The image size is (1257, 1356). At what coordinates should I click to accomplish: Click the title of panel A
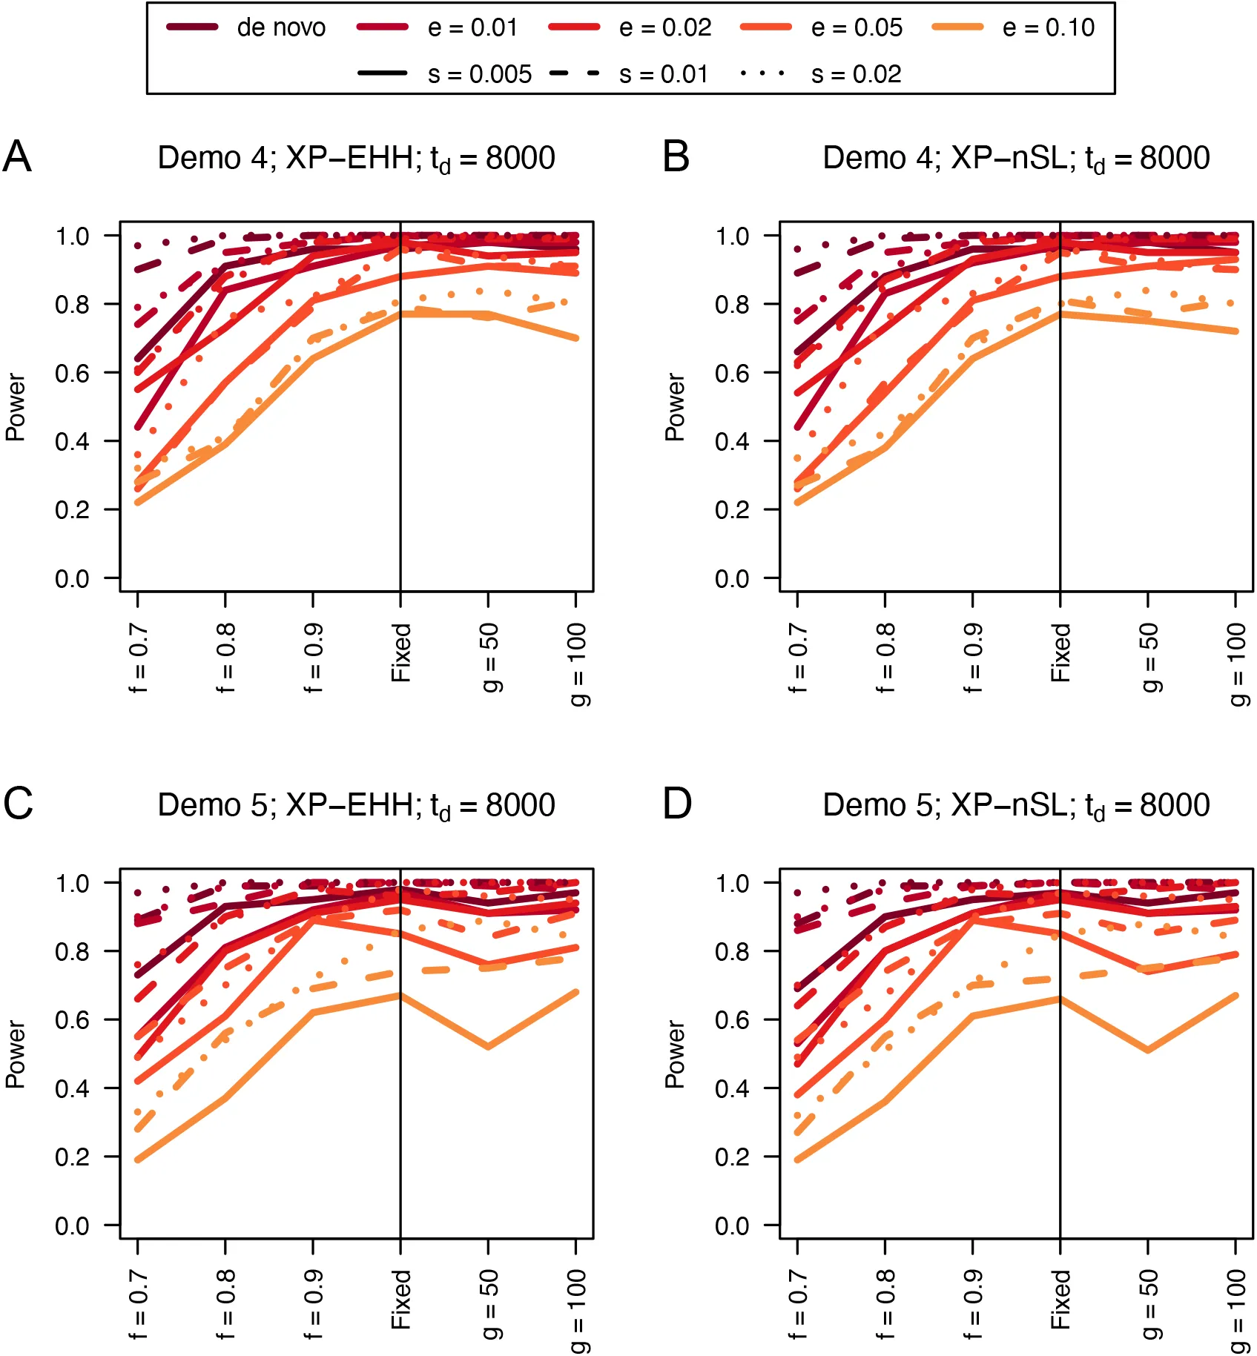click(356, 159)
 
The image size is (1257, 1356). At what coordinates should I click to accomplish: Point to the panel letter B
click(676, 157)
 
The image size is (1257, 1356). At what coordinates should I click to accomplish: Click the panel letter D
click(676, 804)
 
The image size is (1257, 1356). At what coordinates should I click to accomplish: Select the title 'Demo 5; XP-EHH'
click(356, 806)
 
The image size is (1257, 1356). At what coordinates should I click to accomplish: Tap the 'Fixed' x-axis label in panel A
click(401, 652)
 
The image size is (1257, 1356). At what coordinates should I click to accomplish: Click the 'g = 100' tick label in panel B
click(1236, 664)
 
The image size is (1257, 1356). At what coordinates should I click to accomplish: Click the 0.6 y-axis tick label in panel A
click(72, 373)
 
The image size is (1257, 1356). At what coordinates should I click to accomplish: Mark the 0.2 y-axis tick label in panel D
click(732, 1157)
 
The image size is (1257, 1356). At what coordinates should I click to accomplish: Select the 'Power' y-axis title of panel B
click(674, 407)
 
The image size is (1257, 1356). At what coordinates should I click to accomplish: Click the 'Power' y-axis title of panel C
click(15, 1054)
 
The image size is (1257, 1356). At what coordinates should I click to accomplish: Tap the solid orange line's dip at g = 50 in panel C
click(488, 1047)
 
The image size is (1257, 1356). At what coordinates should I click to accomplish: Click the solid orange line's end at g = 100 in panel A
click(576, 338)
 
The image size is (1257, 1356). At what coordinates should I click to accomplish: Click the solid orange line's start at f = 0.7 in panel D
click(798, 1160)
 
